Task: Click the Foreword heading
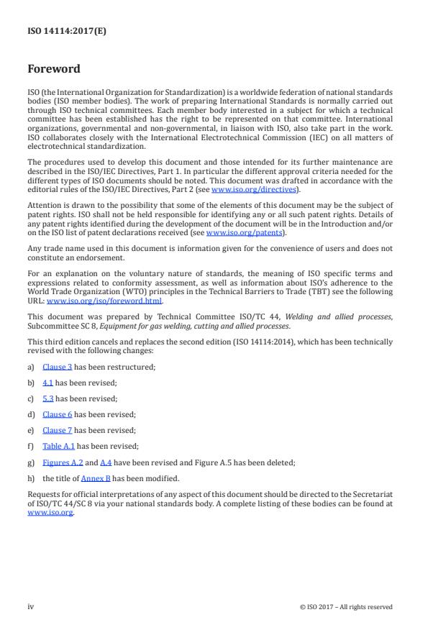[54, 70]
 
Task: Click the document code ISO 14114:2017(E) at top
[58, 31]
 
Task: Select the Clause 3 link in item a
[58, 367]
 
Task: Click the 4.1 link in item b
[48, 383]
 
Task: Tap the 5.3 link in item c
[48, 398]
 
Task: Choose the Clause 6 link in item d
[58, 414]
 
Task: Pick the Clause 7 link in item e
[58, 430]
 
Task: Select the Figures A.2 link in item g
[63, 462]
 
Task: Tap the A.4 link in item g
[106, 462]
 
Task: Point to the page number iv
[31, 606]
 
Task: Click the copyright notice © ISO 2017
[346, 606]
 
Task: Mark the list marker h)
[32, 478]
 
